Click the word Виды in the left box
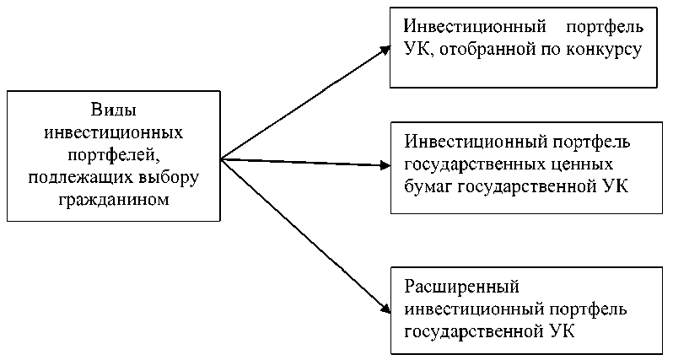coord(114,110)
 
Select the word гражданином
coord(114,200)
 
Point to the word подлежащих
coord(79,178)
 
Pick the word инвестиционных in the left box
coord(114,132)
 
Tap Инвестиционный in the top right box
coord(475,27)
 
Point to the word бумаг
coord(428,186)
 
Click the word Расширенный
coord(462,287)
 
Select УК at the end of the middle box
coord(616,186)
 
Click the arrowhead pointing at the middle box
coord(385,164)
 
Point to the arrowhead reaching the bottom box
coord(386,309)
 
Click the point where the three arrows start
coord(222,159)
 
